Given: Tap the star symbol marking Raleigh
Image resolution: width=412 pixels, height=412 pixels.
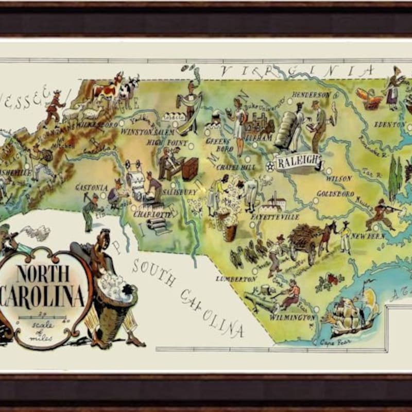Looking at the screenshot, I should [270, 166].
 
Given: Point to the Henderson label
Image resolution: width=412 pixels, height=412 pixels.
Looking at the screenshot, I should [311, 95].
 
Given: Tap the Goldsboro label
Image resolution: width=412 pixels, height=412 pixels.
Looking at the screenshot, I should [335, 194].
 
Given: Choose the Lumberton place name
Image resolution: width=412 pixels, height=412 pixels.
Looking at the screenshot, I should [236, 279].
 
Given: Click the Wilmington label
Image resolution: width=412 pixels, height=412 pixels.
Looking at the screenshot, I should [292, 317].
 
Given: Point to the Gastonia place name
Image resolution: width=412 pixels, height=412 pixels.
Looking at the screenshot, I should [91, 187].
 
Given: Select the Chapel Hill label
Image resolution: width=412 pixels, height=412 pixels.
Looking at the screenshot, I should [236, 167].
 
